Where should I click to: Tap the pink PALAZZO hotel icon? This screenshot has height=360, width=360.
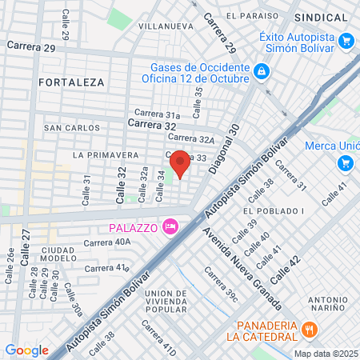pos(169,228)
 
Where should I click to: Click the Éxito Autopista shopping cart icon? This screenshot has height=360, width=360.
pos(346,40)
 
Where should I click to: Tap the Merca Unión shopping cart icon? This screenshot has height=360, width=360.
pos(346,163)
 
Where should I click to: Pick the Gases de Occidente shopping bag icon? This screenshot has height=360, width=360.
pos(261,72)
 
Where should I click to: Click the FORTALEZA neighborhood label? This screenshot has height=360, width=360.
pos(70,82)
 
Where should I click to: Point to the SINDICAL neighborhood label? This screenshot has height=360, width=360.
pos(321,17)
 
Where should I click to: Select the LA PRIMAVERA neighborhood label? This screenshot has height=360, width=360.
pos(100,153)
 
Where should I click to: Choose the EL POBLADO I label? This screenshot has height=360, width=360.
pos(274,210)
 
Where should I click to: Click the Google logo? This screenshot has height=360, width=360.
pos(26,350)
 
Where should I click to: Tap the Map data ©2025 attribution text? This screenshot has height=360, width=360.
pos(326,354)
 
